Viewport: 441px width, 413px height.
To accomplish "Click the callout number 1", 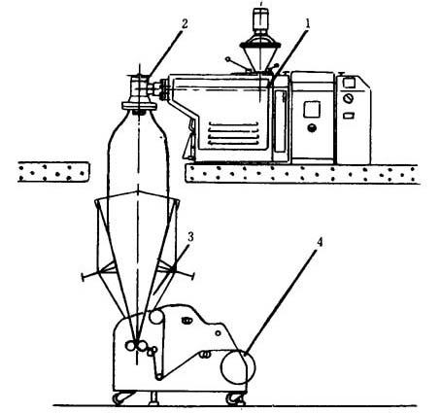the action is pos(308,24).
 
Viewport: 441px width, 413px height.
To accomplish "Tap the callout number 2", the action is pos(184,24).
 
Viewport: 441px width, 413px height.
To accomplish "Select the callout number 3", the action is pos(190,237).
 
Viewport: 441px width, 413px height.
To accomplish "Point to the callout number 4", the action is pos(320,242).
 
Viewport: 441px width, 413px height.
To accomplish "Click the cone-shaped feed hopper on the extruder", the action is pos(260,57).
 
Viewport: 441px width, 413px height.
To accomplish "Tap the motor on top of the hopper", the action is pos(260,19).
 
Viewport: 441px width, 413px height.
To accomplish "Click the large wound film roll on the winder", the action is pos(238,367).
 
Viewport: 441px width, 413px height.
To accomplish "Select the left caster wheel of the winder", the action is pos(119,398).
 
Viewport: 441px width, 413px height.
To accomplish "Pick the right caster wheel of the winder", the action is pos(234,398).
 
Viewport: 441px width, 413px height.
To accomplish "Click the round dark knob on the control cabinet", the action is pos(312,127).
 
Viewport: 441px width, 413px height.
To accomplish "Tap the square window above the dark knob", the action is pos(312,109).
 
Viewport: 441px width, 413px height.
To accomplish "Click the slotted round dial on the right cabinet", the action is pos(349,97).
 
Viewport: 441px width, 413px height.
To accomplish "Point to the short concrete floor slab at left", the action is pos(53,172).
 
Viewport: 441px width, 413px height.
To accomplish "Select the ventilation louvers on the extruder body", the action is pos(233,133).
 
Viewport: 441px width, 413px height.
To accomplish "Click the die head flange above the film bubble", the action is pos(139,106).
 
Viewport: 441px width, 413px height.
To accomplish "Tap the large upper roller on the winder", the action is pos(157,317).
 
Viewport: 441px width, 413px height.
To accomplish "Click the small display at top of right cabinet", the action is pos(349,83).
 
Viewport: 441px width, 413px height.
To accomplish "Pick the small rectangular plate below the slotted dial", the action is pos(349,116).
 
